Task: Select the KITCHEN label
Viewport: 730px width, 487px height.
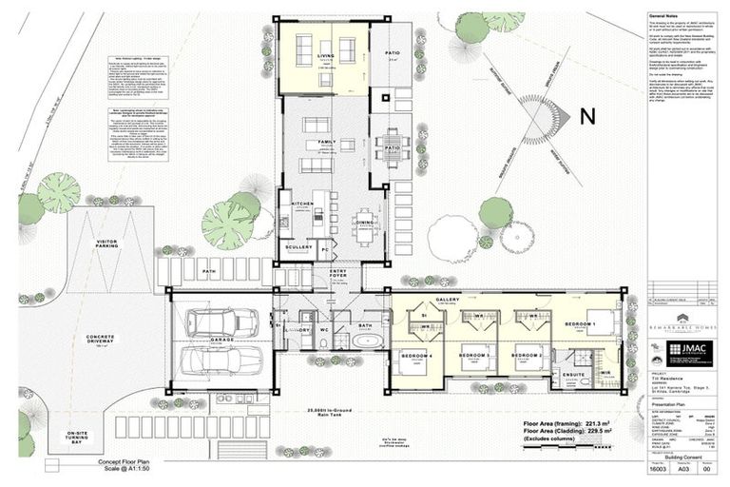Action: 302,204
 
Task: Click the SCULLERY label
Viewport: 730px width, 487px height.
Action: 299,247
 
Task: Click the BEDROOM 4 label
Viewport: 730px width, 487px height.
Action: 416,355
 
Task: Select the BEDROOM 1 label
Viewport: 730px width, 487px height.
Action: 581,324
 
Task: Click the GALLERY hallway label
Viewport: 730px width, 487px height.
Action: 448,300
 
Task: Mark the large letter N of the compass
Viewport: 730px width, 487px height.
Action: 586,117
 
